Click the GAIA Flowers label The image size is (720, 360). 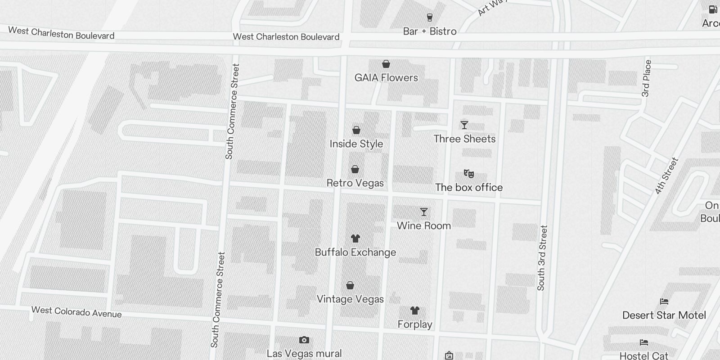point(386,77)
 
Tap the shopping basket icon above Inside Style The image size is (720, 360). point(356,130)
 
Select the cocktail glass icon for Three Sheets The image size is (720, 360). point(464,125)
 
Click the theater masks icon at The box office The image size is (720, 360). point(469,174)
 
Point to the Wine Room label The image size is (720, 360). point(423,225)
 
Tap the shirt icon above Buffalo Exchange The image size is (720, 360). point(355,238)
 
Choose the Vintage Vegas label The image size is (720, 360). point(350,299)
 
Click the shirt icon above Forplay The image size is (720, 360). point(415,310)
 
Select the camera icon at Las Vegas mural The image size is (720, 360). point(304,340)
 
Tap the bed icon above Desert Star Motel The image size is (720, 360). point(664,301)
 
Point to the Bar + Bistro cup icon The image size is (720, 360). point(430,18)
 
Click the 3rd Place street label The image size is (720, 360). point(646,78)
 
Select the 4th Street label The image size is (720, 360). point(666,176)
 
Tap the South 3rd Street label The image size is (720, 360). point(542,258)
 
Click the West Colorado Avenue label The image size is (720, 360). point(76,312)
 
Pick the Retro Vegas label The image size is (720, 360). point(355,183)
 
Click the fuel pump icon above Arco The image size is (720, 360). point(713,9)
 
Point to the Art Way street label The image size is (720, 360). point(492,7)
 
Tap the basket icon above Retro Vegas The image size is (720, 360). point(355,170)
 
